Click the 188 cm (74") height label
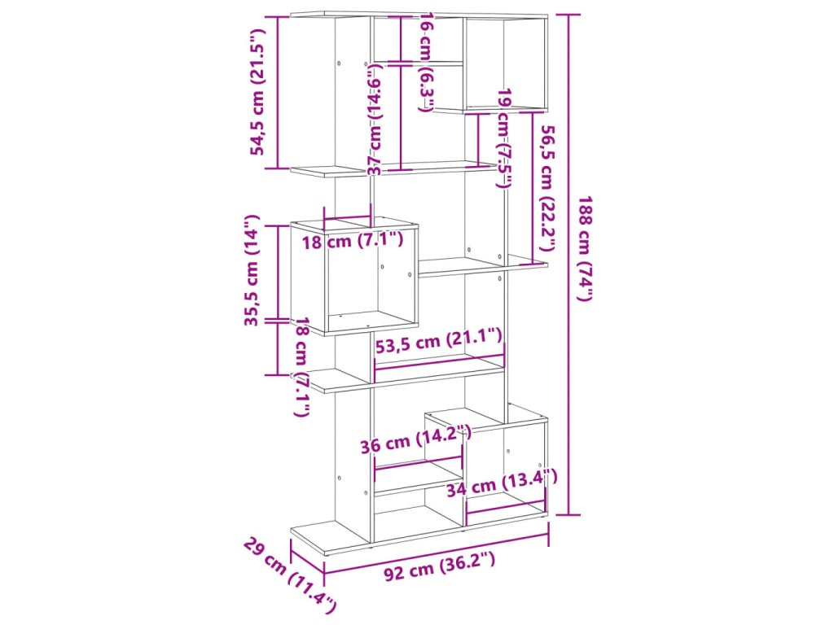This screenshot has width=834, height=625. tap(585, 248)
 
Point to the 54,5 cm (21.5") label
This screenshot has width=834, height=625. tap(258, 91)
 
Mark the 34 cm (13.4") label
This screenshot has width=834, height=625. tap(501, 484)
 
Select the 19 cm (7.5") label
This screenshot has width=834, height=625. tap(505, 138)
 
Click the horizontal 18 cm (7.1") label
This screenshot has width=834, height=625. tap(353, 240)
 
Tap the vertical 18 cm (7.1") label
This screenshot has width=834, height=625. tap(301, 366)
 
